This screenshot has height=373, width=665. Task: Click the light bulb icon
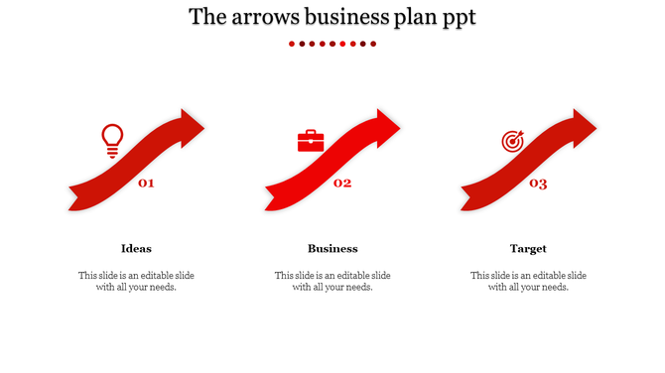point(112,140)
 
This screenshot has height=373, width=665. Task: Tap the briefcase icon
point(311,141)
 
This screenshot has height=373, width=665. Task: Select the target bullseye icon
point(512,142)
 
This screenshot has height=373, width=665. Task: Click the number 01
point(146,183)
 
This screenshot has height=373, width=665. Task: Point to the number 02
point(342,183)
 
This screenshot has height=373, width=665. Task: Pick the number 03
point(538,183)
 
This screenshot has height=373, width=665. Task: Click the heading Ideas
point(136,248)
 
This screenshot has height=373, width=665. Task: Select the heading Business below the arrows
point(332,248)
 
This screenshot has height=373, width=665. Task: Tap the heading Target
point(528,248)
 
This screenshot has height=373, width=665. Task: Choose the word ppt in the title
point(455,18)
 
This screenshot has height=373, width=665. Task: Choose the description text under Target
point(528,281)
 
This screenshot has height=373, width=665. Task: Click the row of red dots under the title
point(332,44)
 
